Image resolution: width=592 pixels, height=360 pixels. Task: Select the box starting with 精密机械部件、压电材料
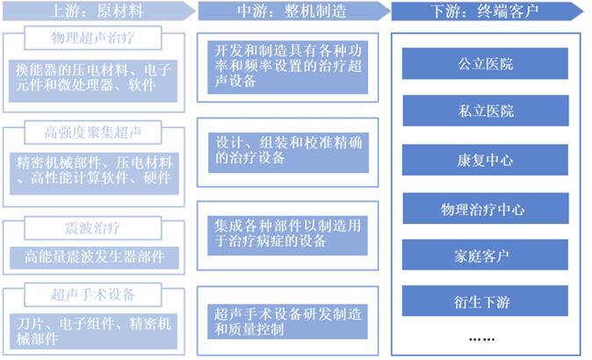[x=94, y=172]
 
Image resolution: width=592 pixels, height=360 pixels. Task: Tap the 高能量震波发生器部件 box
[x=94, y=257]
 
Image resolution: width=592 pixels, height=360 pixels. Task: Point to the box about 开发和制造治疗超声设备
[x=289, y=65]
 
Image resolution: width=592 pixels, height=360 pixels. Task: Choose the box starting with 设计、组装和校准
[x=289, y=151]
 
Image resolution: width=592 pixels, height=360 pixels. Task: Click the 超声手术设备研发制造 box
[x=289, y=321]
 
